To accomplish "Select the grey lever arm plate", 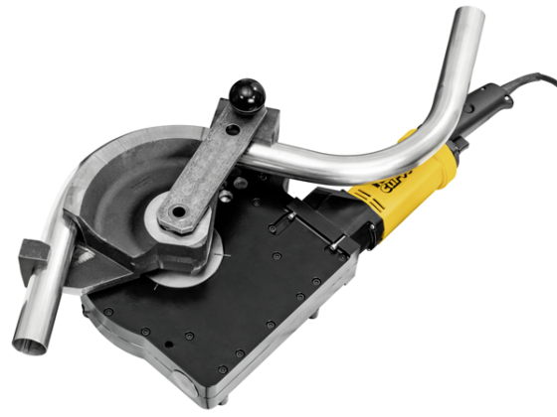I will pyautogui.click(x=204, y=169).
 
